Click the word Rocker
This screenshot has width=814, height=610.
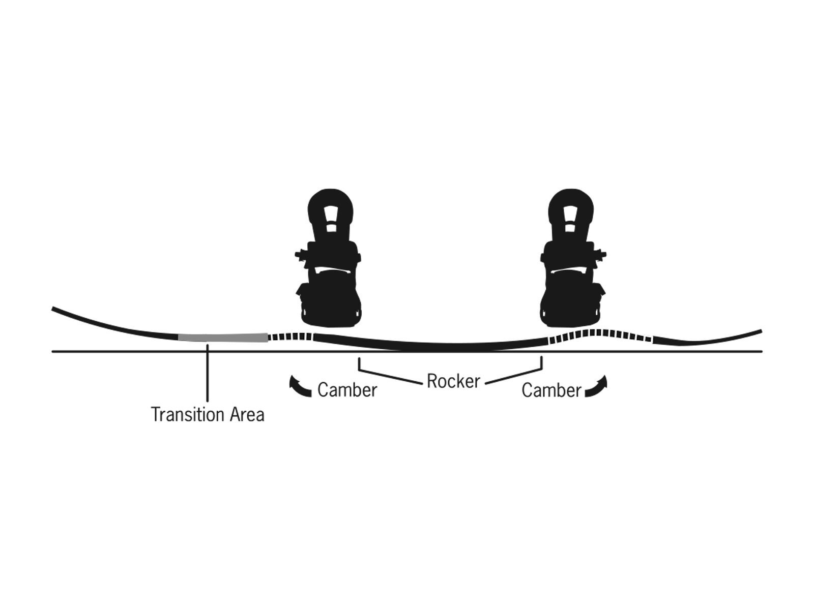[x=453, y=381]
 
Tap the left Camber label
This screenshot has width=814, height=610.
[x=347, y=390]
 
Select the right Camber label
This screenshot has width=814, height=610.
[x=551, y=390]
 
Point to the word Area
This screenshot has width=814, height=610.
[x=247, y=415]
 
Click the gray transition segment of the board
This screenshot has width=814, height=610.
[x=222, y=338]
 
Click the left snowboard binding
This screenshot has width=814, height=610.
[x=330, y=259]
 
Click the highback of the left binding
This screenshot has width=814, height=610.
[x=330, y=213]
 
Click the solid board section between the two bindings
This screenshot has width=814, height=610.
[x=432, y=346]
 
